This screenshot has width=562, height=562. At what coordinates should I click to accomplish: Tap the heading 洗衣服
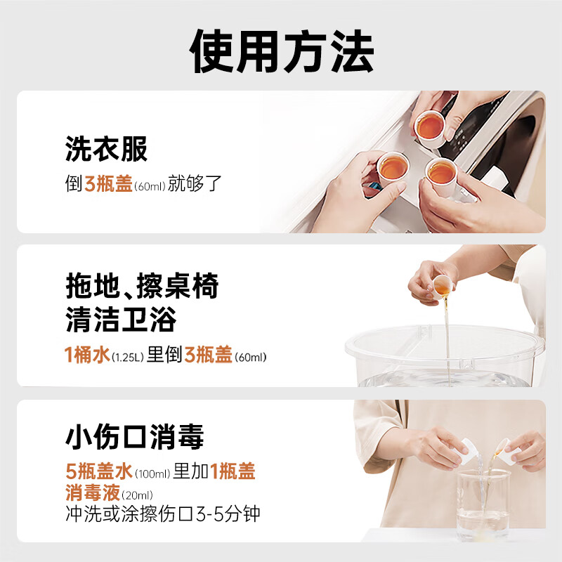(x=106, y=149)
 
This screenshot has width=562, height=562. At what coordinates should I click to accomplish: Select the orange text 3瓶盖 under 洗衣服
(x=109, y=185)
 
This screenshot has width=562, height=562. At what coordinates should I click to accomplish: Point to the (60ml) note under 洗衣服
(x=149, y=186)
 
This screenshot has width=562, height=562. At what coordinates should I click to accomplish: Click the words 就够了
(x=195, y=185)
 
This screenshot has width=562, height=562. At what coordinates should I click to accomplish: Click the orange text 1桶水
(x=88, y=355)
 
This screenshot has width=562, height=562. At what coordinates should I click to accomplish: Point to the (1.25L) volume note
(x=128, y=357)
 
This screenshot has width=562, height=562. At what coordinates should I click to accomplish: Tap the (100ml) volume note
(x=152, y=473)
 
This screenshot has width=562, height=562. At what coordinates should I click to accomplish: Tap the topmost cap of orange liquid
(x=429, y=127)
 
